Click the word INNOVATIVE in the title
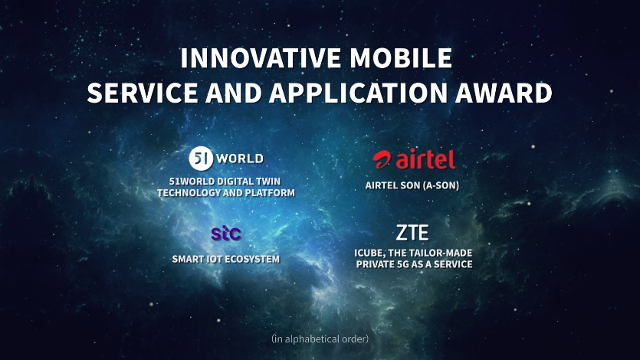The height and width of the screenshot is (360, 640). tap(261, 58)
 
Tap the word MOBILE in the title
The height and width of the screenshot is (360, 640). tap(401, 58)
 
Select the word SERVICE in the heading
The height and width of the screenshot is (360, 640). tap(143, 93)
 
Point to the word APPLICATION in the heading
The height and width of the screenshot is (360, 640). tap(358, 93)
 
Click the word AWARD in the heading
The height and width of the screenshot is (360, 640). tap(504, 93)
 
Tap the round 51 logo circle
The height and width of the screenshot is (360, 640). tap(202, 159)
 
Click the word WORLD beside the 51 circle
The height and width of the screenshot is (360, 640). tap(240, 159)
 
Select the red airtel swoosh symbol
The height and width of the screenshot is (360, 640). tap(382, 159)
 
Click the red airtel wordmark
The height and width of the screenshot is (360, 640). tap(425, 159)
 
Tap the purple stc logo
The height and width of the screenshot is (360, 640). tap(226, 233)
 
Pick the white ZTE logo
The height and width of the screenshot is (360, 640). tap(412, 233)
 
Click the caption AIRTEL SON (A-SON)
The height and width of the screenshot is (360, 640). tap(412, 185)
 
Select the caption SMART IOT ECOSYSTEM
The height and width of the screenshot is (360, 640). tap(225, 259)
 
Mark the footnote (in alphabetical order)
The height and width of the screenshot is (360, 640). tap(320, 339)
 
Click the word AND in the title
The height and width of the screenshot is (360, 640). tap(234, 93)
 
